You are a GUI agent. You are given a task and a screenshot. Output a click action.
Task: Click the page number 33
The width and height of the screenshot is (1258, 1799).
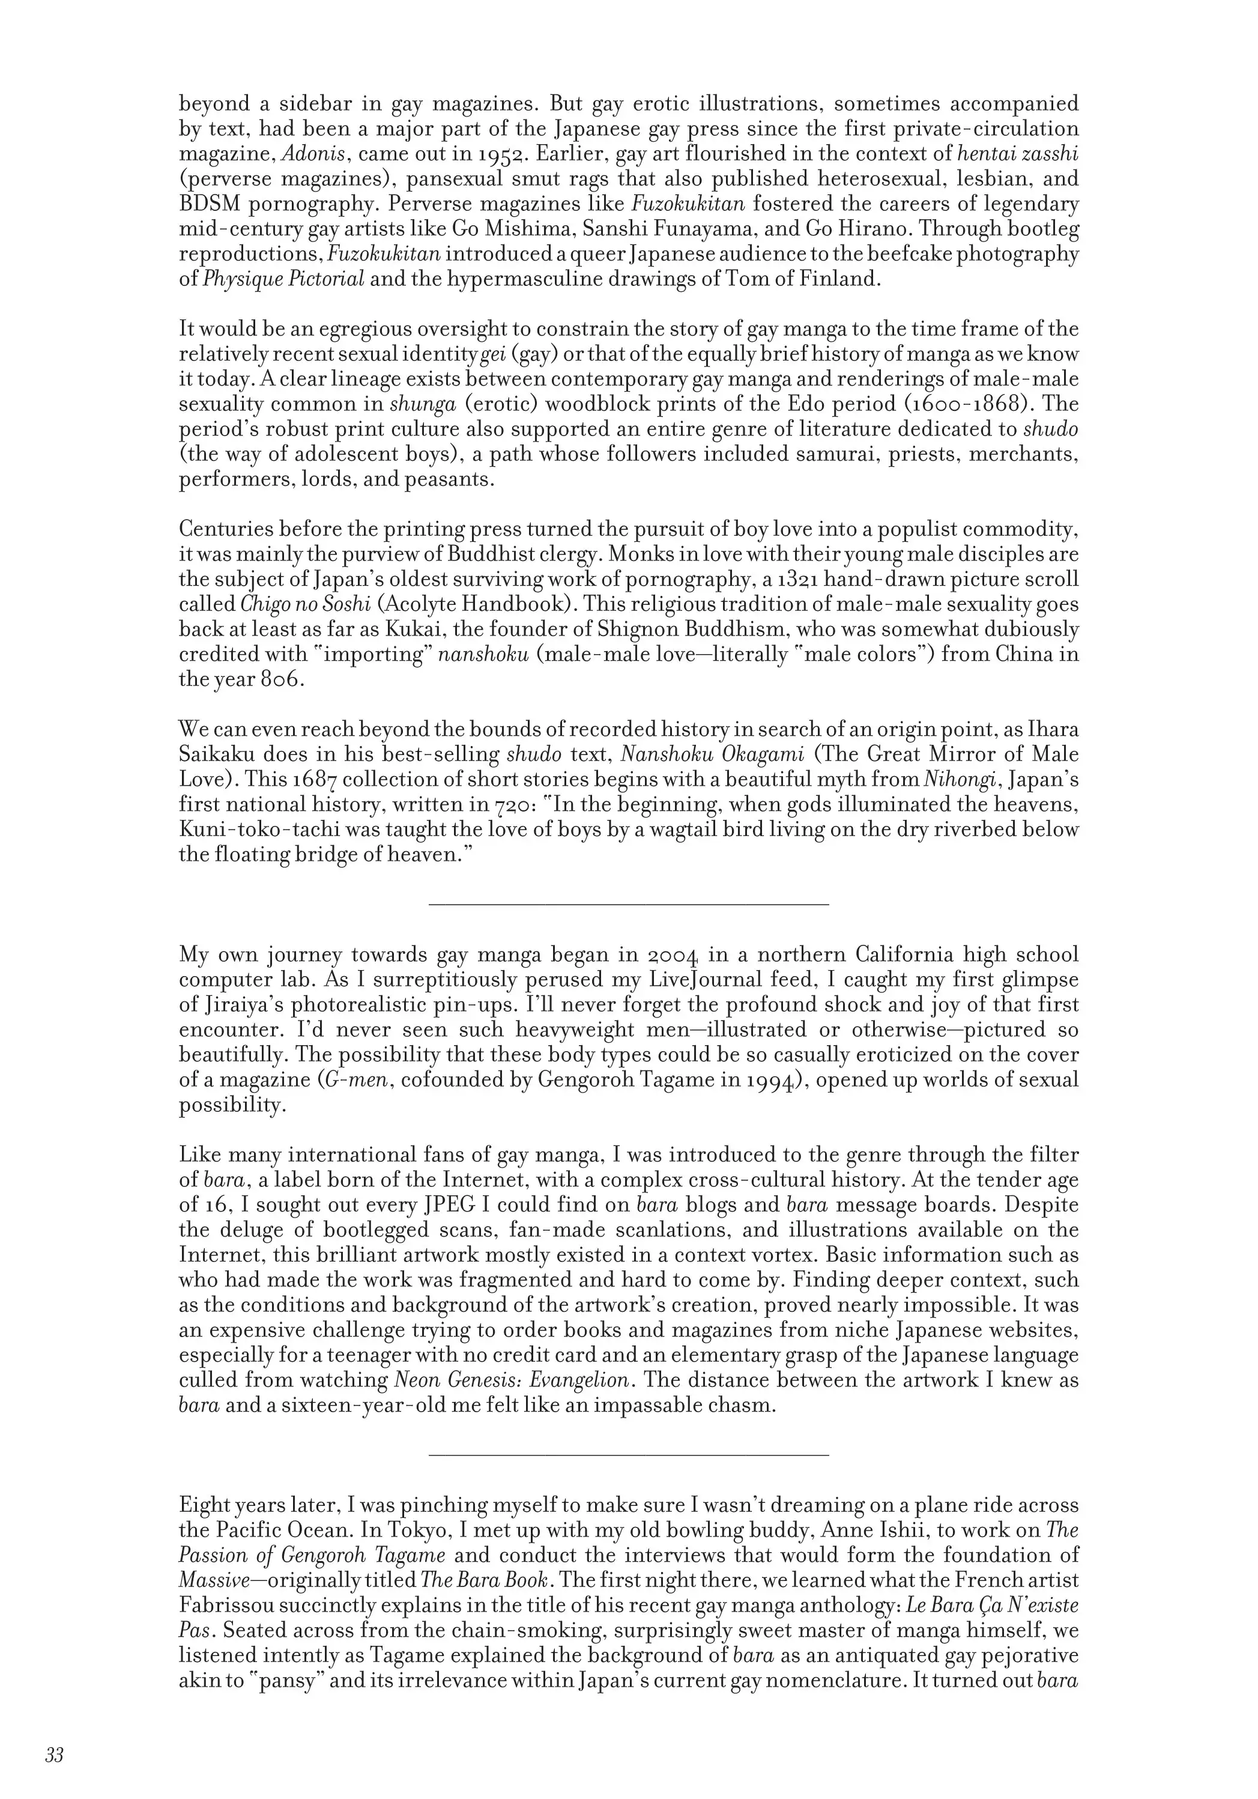54,1755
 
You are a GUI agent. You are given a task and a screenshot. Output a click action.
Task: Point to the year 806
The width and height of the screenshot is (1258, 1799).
279,680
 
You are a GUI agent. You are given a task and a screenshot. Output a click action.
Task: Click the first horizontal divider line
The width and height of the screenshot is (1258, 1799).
629,905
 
